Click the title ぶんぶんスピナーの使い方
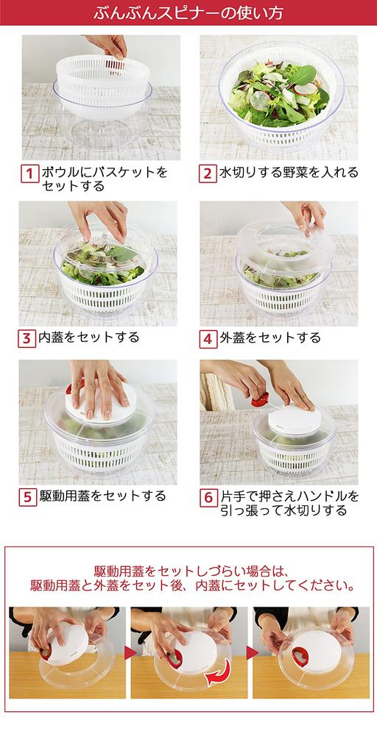click(188, 13)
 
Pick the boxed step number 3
click(27, 338)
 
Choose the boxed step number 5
click(28, 497)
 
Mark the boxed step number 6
click(208, 497)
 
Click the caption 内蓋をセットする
click(89, 337)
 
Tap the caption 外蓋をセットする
click(270, 338)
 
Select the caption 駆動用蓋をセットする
click(102, 496)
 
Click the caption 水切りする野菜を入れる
click(289, 172)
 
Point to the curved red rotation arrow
click(219, 674)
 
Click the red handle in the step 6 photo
click(260, 399)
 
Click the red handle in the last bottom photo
click(300, 656)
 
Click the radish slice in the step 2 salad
click(306, 89)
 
